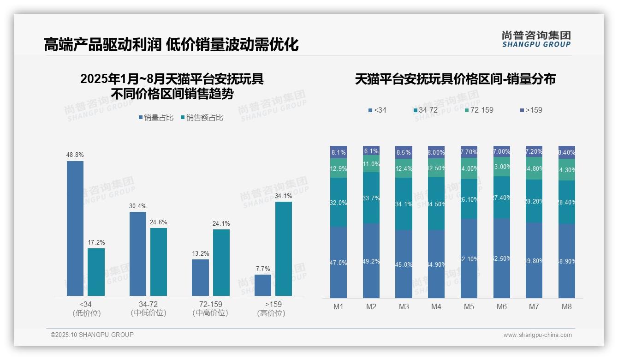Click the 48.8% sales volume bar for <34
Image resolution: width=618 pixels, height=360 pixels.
[75, 228]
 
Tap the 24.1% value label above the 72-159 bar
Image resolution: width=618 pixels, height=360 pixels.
[221, 224]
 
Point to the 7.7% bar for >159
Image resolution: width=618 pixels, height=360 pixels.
[263, 285]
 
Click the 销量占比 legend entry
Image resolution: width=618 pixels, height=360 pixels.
[156, 118]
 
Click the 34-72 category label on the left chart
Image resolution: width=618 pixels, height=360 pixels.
[148, 305]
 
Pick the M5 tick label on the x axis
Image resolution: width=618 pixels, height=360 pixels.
[469, 307]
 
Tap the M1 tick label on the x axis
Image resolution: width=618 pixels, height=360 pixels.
[339, 307]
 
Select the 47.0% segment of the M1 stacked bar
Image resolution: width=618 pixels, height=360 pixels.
[339, 262]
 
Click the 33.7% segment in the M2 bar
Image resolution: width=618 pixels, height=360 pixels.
[371, 198]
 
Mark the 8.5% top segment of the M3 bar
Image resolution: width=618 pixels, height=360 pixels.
[404, 152]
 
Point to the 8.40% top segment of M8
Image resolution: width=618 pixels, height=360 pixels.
[567, 152]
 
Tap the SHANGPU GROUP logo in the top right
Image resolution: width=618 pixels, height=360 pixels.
[536, 39]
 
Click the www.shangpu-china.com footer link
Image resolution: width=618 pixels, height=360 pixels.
[537, 335]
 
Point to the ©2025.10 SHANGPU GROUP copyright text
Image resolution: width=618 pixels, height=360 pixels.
[92, 335]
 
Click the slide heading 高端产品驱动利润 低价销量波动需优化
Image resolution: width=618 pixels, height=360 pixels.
[171, 45]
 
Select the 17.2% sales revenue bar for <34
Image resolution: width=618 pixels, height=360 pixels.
[96, 272]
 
